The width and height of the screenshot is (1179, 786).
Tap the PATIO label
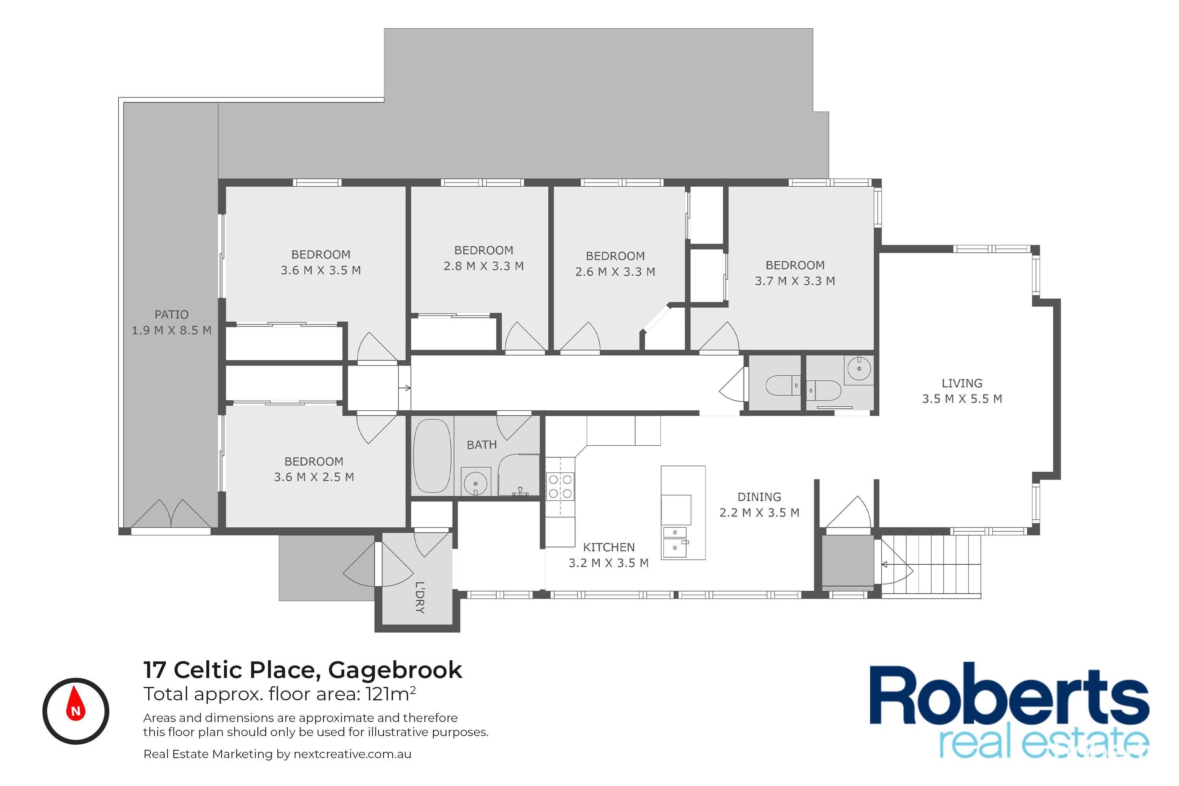(x=171, y=314)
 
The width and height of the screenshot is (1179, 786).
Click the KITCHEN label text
(x=608, y=547)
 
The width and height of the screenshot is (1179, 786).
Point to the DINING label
(x=759, y=497)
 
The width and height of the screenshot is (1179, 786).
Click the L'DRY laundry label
(x=420, y=597)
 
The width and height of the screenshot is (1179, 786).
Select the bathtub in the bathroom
(x=432, y=456)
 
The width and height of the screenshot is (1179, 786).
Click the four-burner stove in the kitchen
(x=560, y=486)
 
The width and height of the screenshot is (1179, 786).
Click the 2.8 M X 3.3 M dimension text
(x=483, y=266)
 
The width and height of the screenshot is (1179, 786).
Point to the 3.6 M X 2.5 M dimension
(x=314, y=477)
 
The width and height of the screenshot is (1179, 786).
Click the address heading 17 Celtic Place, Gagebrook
(x=303, y=670)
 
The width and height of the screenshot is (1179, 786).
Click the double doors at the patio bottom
(x=171, y=513)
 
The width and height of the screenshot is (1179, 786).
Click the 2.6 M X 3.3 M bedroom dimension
(x=615, y=271)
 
